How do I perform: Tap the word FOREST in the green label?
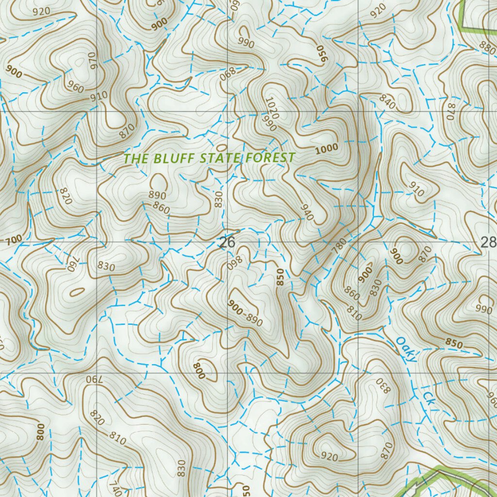pyautogui.click(x=270, y=158)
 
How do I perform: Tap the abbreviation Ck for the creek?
pyautogui.click(x=428, y=399)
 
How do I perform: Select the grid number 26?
pyautogui.click(x=227, y=242)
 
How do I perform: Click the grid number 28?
pyautogui.click(x=488, y=242)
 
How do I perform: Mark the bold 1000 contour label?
pyautogui.click(x=326, y=149)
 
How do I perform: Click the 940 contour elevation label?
pyautogui.click(x=306, y=212)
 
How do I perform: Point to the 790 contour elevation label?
pyautogui.click(x=94, y=379)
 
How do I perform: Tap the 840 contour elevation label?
pyautogui.click(x=387, y=101)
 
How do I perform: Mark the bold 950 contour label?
pyautogui.click(x=321, y=53)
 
